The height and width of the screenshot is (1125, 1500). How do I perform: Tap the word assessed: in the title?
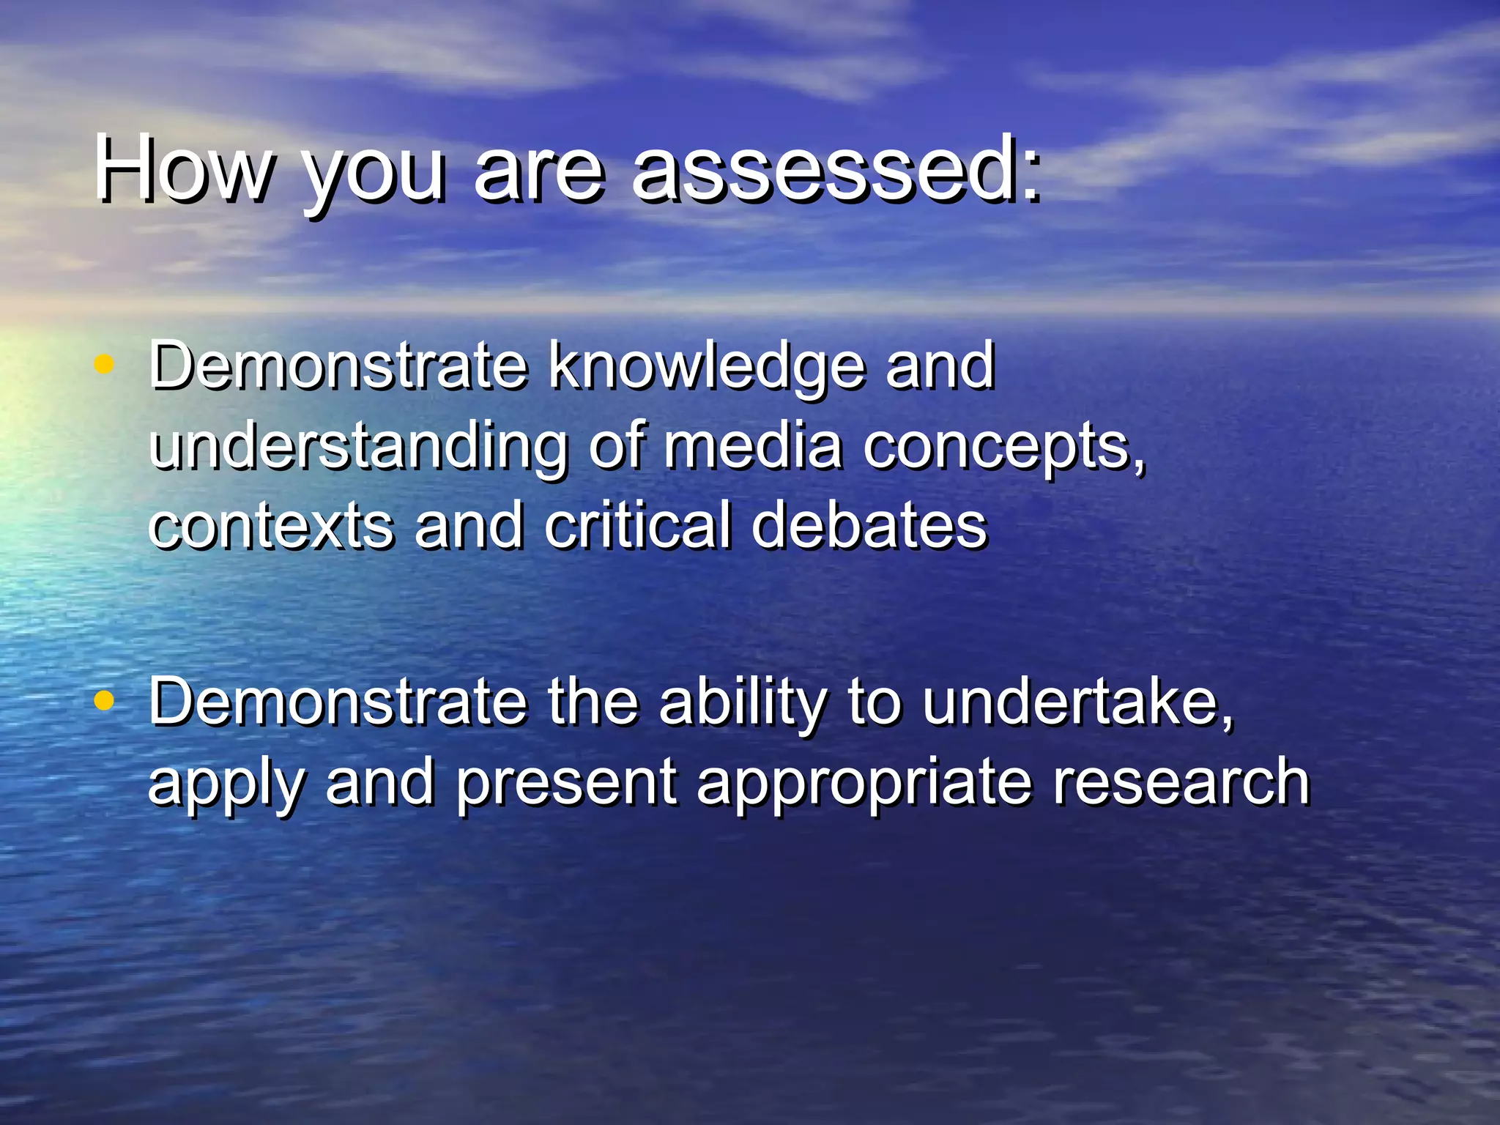pos(836,170)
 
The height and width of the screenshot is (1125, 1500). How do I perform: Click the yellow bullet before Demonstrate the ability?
pos(105,701)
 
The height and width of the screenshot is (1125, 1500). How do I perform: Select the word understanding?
pos(358,448)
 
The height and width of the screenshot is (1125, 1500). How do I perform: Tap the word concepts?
pos(1003,448)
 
